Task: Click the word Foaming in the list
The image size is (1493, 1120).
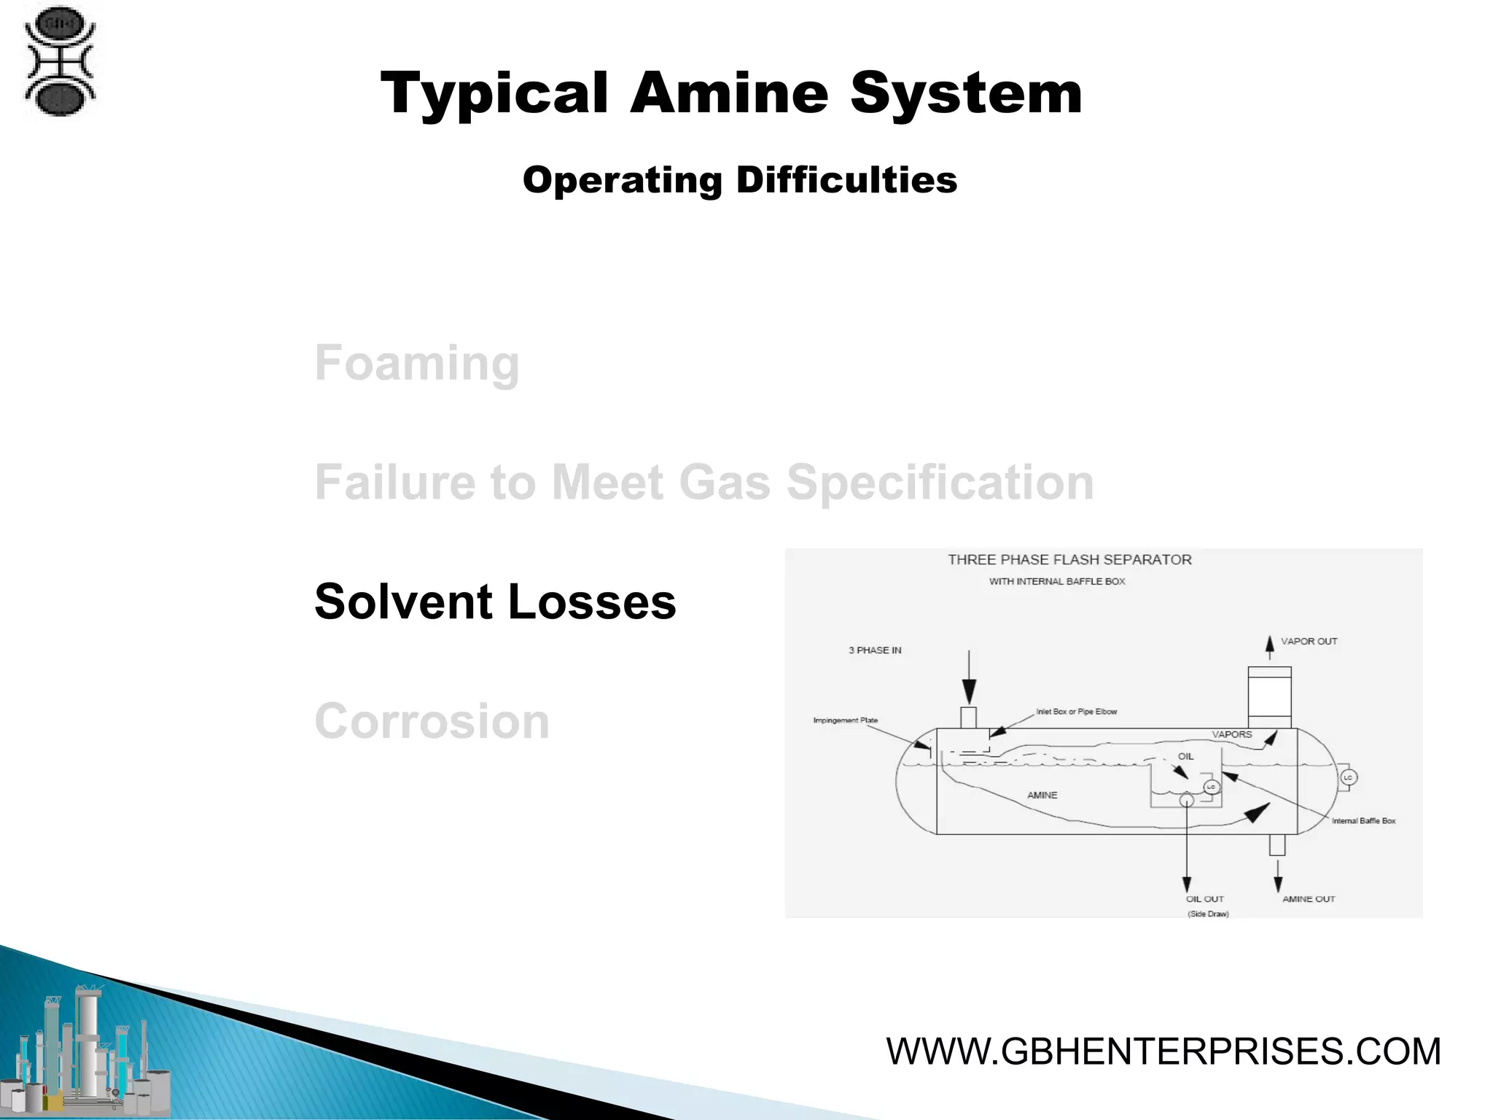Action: (x=416, y=363)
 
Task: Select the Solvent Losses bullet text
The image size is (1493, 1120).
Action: (x=495, y=602)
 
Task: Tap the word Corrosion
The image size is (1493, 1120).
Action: (x=432, y=721)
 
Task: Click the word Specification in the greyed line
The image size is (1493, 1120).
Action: (x=940, y=483)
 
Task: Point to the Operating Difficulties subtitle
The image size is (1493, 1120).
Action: (x=739, y=180)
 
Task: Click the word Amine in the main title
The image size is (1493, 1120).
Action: (x=729, y=93)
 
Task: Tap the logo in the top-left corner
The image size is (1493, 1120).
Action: (x=60, y=61)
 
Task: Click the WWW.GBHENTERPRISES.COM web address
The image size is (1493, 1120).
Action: (x=1163, y=1051)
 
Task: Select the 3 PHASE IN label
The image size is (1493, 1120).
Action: (x=875, y=650)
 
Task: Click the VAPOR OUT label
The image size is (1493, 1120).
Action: (x=1309, y=642)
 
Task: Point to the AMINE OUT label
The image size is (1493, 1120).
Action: (x=1309, y=899)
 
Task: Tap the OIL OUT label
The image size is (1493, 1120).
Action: (x=1205, y=899)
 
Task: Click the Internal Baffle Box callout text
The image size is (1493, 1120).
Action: (x=1363, y=821)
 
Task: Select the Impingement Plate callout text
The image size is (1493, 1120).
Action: (x=846, y=720)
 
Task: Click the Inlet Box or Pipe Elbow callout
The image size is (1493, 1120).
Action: (x=1076, y=712)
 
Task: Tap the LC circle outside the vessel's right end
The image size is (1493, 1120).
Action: (x=1347, y=778)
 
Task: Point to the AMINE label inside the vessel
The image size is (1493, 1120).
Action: (x=1042, y=796)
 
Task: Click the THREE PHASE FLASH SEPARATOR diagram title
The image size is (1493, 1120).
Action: (x=1069, y=560)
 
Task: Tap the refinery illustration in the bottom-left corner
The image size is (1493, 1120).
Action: (x=87, y=1050)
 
